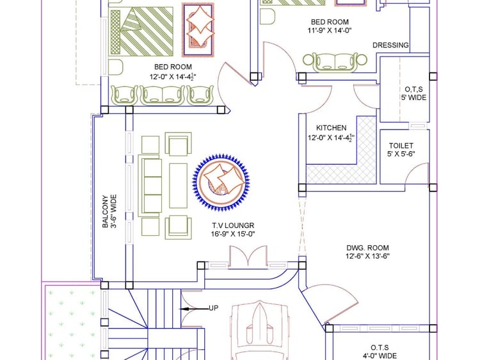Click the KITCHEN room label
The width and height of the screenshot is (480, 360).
[332, 127]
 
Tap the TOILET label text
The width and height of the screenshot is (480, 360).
[401, 145]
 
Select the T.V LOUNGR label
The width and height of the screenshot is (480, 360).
[233, 225]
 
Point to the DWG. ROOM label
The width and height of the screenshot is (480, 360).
[367, 247]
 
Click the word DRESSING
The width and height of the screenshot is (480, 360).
[390, 45]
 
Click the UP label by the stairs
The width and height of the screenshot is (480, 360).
[214, 308]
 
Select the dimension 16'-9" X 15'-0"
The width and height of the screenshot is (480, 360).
[233, 234]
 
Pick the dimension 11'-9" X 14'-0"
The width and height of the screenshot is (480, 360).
[330, 30]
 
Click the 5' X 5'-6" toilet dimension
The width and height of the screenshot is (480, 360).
[401, 154]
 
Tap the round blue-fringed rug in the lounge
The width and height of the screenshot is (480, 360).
[221, 183]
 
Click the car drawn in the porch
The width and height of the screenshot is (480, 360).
[260, 330]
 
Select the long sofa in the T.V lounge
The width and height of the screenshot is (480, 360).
[150, 186]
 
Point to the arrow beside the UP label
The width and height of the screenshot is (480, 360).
[194, 309]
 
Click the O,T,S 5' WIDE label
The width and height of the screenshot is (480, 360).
[414, 94]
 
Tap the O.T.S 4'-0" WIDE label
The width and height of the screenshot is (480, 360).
[380, 352]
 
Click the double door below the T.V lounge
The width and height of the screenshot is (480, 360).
[248, 257]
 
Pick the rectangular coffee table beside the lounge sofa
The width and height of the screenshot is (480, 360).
[178, 186]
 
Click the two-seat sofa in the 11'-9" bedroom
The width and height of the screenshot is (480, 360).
[335, 63]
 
